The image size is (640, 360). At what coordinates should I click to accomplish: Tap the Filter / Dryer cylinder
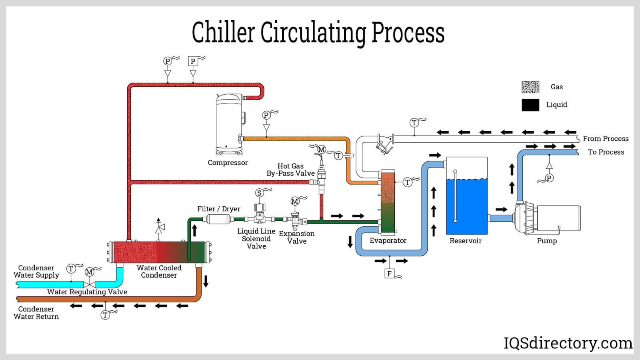coord(218,219)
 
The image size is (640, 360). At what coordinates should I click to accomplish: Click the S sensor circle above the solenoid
coord(259,193)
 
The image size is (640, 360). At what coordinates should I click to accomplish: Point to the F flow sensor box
coord(389,274)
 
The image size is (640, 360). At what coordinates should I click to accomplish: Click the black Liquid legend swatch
coord(530,105)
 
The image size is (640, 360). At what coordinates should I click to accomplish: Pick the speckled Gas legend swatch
coord(530,87)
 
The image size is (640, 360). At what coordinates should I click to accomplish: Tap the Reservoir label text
coord(465,241)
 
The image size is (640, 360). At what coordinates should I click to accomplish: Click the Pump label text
coord(547,241)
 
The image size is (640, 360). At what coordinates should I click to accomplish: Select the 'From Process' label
coord(606,139)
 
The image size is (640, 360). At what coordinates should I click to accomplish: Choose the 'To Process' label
coord(606,152)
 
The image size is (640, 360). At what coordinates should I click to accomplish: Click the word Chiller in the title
coord(223,32)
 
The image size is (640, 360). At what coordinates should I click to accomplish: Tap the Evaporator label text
coord(388,240)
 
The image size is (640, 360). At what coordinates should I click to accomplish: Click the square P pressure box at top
coord(193,61)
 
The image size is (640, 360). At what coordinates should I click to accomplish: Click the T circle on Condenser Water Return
coord(105,315)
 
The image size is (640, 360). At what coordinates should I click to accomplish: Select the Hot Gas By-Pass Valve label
coord(290,170)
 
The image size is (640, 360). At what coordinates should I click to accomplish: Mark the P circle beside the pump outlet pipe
coord(549,178)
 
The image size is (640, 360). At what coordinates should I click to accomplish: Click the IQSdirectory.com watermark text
coord(568,343)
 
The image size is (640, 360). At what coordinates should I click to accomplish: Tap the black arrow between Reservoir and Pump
coord(501,209)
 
